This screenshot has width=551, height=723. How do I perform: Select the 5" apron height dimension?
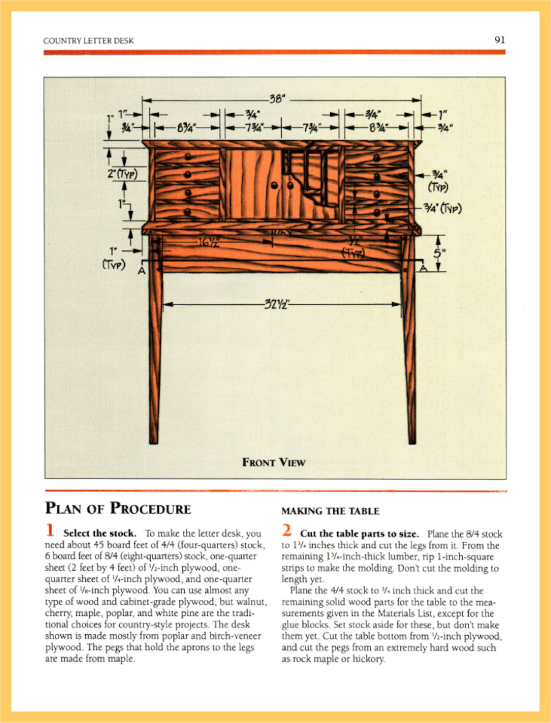(x=439, y=253)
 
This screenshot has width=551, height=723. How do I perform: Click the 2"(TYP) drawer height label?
(x=122, y=174)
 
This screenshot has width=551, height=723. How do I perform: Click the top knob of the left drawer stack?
(x=188, y=156)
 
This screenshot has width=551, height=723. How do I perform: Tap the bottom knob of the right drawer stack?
(x=377, y=213)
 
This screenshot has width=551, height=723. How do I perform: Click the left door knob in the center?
(x=274, y=186)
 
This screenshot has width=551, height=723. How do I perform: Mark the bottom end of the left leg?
(x=154, y=441)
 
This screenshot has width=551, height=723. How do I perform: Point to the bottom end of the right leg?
(x=412, y=441)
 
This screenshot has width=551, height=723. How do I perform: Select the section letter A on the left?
(x=141, y=271)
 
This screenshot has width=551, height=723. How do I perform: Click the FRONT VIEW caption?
(x=274, y=462)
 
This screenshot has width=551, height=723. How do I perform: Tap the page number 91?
(x=500, y=40)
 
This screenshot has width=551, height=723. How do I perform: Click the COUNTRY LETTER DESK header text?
(x=88, y=41)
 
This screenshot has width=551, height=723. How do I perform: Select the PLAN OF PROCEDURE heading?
(x=118, y=509)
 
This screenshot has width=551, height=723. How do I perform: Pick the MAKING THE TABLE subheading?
(x=330, y=511)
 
